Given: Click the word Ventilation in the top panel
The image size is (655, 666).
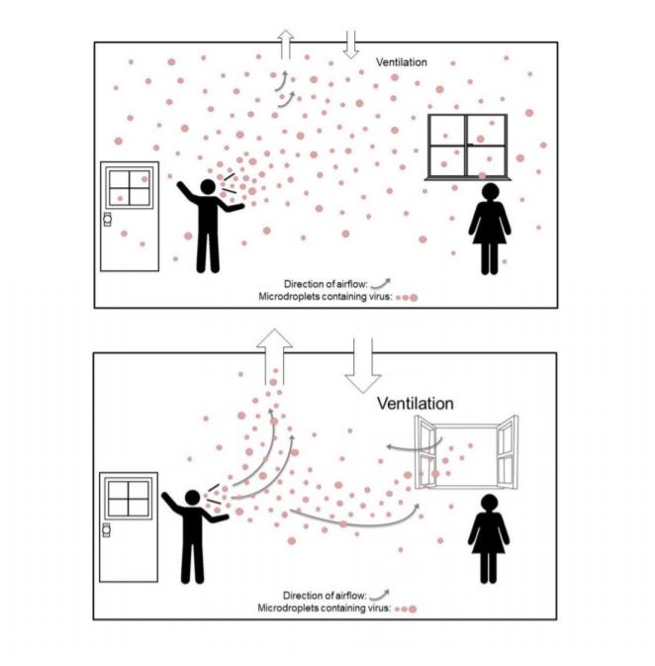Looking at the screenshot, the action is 401,62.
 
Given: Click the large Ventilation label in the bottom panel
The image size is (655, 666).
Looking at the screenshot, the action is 415,403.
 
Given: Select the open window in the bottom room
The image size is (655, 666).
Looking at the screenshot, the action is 466,452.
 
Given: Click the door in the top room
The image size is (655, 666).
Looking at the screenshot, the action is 130,216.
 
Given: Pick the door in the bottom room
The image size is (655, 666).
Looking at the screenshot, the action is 129,526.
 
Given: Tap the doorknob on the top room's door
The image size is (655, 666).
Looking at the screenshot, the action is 107,219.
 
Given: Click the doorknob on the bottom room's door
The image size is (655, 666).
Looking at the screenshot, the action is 106,529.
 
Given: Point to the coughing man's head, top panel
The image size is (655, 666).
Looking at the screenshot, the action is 208,187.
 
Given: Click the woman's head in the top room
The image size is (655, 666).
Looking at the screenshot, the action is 490,191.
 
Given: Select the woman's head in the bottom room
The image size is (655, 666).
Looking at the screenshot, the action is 490,502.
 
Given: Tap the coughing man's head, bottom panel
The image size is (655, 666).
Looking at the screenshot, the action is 192,498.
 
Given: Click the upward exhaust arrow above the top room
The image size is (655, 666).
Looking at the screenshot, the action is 285,45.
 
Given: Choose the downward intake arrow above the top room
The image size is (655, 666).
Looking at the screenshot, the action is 351,45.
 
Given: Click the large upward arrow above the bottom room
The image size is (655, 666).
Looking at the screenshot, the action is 274,356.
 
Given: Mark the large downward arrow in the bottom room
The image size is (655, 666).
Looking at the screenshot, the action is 363,366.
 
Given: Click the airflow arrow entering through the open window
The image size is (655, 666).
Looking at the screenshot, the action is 415,447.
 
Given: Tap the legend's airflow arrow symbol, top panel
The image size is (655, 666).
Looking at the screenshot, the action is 380,284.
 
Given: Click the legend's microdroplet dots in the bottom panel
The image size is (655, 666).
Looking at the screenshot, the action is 406,609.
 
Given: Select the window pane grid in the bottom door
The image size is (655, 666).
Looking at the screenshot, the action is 129,498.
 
